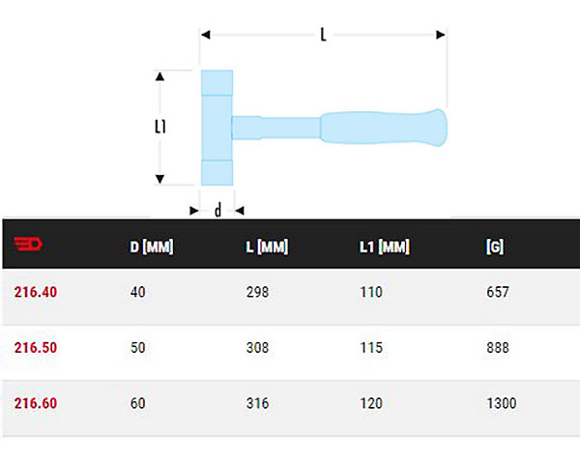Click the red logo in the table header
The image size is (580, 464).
point(28,244)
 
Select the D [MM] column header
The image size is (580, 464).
point(152,246)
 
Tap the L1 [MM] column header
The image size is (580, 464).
point(385,246)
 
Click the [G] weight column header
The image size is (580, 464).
point(495,246)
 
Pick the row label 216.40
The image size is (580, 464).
point(36,292)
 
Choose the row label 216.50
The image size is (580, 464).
point(36,347)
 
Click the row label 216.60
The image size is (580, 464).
point(36,403)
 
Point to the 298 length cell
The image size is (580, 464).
point(257,292)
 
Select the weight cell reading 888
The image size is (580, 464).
point(498,347)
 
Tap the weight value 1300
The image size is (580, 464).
point(501,403)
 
